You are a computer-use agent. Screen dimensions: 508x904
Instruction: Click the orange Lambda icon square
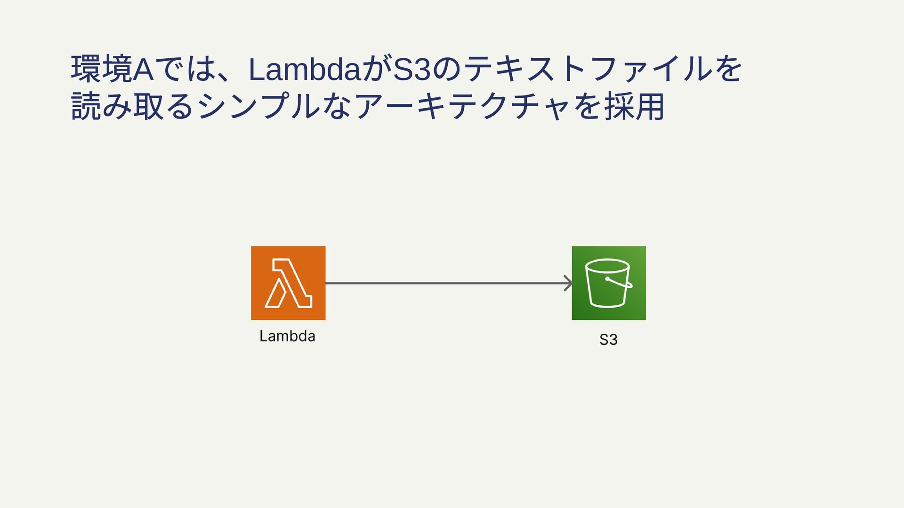point(288,283)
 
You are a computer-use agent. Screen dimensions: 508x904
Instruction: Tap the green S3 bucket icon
point(608,283)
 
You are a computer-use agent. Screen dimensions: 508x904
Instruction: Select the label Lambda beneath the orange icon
point(287,336)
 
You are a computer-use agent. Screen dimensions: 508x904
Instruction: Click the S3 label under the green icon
point(608,339)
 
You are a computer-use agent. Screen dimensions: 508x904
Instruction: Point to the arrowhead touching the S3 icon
point(569,283)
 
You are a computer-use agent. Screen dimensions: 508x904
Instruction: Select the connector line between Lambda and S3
point(447,283)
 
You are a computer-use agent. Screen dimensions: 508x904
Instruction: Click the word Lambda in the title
point(304,69)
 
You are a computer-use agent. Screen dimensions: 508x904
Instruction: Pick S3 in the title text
point(412,69)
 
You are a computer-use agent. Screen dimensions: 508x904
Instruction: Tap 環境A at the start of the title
point(112,69)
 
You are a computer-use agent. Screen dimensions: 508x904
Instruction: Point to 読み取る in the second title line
point(132,106)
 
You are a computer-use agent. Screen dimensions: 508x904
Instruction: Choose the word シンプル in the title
point(258,106)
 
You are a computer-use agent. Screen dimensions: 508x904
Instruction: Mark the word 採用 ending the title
point(634,106)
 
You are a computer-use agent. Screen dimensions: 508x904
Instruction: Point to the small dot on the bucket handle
point(608,279)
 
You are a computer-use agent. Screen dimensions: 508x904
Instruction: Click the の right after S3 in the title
point(447,69)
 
